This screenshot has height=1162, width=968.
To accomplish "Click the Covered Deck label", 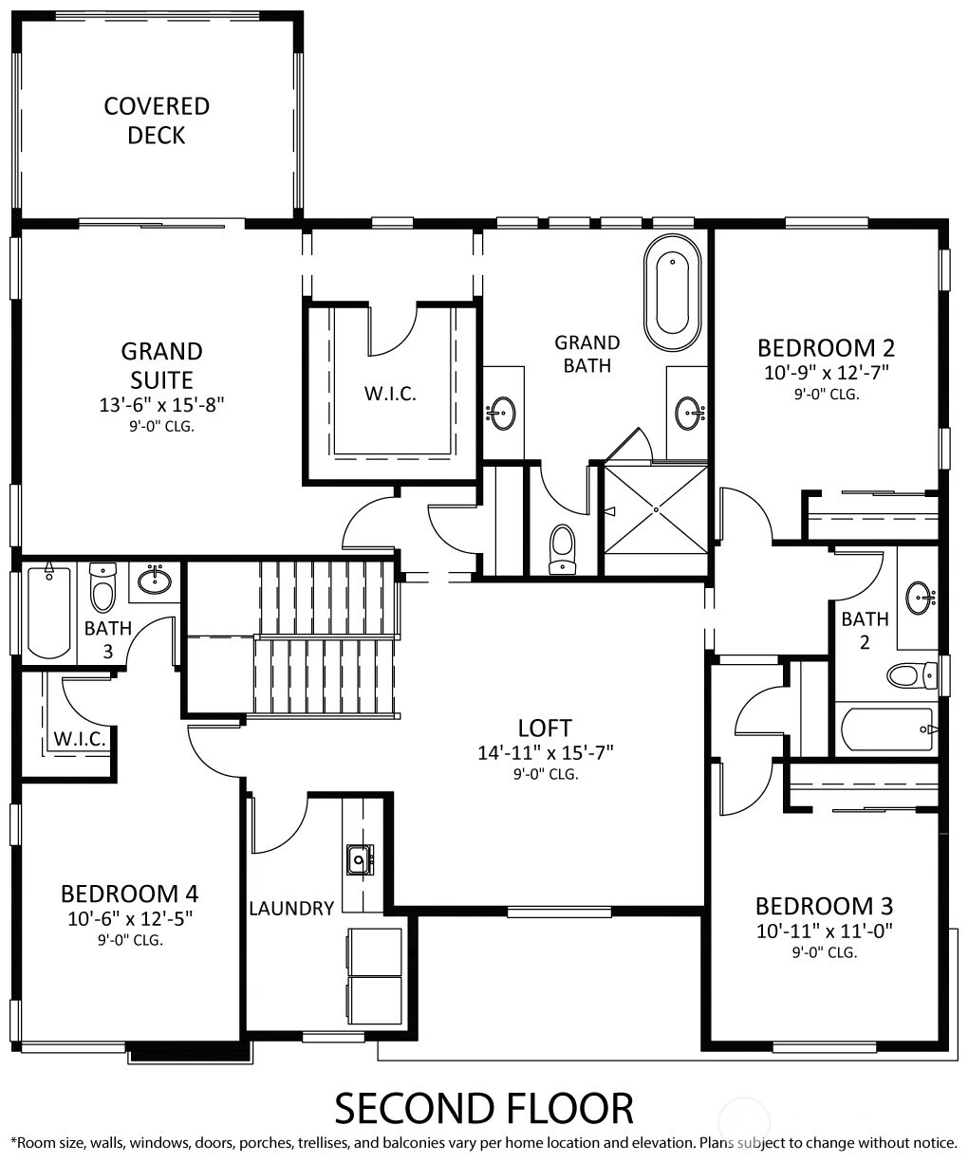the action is (157, 120).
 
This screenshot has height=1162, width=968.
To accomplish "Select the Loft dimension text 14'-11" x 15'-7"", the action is (546, 753).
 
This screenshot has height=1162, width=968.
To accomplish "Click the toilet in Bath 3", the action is (103, 587).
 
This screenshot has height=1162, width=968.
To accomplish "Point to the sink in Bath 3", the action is (155, 581).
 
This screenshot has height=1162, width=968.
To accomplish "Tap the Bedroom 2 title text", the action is (826, 348).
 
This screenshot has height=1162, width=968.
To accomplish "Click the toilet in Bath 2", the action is (912, 675).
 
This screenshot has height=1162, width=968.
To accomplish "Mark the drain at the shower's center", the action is (656, 509).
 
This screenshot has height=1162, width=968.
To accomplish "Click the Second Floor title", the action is (484, 1108).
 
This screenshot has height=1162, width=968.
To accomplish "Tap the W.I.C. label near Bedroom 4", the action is (80, 739).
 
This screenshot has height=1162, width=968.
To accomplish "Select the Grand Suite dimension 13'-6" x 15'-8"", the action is (161, 405).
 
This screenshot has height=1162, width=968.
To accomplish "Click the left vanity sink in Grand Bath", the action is (501, 413).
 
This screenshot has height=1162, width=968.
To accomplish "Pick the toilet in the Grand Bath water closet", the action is (562, 548).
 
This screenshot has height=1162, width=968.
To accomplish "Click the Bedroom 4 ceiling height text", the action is (130, 940).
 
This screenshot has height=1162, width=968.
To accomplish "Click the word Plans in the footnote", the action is (717, 1143).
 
